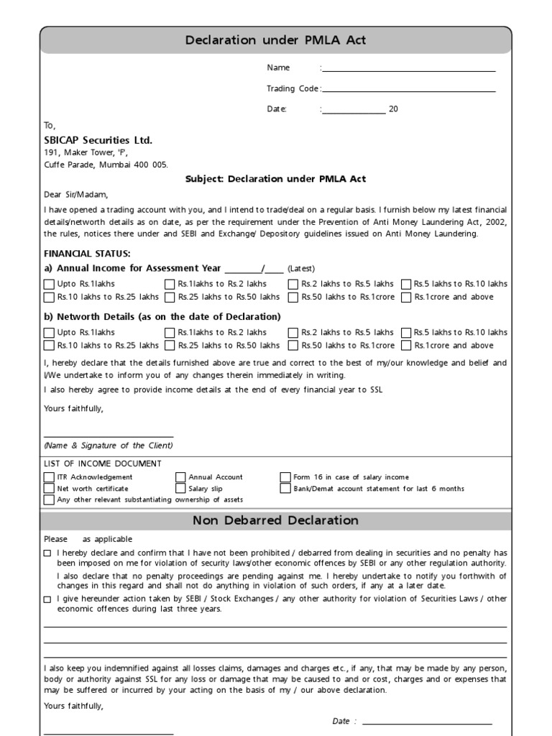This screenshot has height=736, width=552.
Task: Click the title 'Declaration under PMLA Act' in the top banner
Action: point(276,40)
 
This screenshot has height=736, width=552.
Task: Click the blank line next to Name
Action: point(409,70)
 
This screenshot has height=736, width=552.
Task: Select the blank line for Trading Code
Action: point(409,91)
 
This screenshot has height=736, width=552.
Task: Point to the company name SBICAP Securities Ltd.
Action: point(98,140)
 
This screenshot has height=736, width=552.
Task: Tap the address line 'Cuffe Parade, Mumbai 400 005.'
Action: point(106,165)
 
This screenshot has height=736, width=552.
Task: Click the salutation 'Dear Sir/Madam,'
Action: point(76,194)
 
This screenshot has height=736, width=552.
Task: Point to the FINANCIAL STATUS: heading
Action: point(87,254)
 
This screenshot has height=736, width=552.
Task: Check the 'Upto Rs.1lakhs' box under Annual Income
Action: point(49,284)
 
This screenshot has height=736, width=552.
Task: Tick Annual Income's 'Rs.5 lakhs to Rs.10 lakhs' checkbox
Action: point(406,284)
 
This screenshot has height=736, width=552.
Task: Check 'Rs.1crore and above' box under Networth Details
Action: point(406,346)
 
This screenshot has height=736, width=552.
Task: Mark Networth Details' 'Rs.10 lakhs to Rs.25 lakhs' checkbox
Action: point(49,346)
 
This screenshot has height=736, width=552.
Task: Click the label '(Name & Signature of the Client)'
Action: point(109,446)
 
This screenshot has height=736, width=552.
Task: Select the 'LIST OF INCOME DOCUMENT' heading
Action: point(103,464)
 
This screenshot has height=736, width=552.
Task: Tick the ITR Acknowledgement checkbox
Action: point(49,477)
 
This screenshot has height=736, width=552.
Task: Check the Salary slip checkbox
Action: point(180,489)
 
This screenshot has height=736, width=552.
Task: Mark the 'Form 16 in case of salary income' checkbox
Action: point(285,477)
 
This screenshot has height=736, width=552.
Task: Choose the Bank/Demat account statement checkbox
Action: point(285,489)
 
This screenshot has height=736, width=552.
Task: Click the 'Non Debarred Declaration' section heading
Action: point(276,520)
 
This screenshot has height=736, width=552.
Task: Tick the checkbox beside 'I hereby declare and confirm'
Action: point(47,553)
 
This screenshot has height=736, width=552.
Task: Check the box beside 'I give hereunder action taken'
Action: point(47,599)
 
